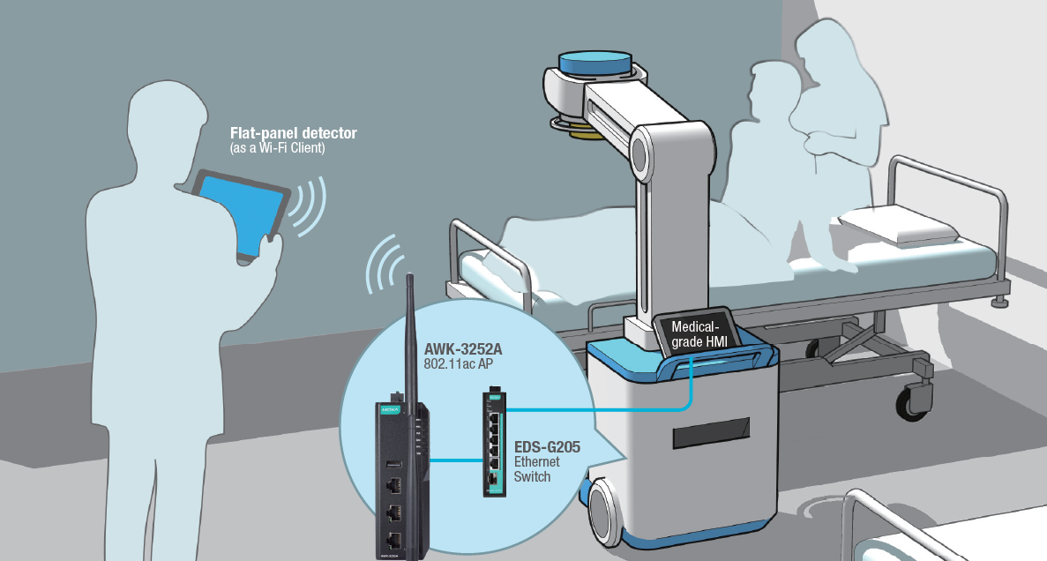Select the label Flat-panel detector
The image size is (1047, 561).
(293, 134)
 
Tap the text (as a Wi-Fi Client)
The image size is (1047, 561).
(277, 148)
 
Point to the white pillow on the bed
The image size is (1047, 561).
(895, 224)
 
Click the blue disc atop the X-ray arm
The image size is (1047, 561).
(595, 64)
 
